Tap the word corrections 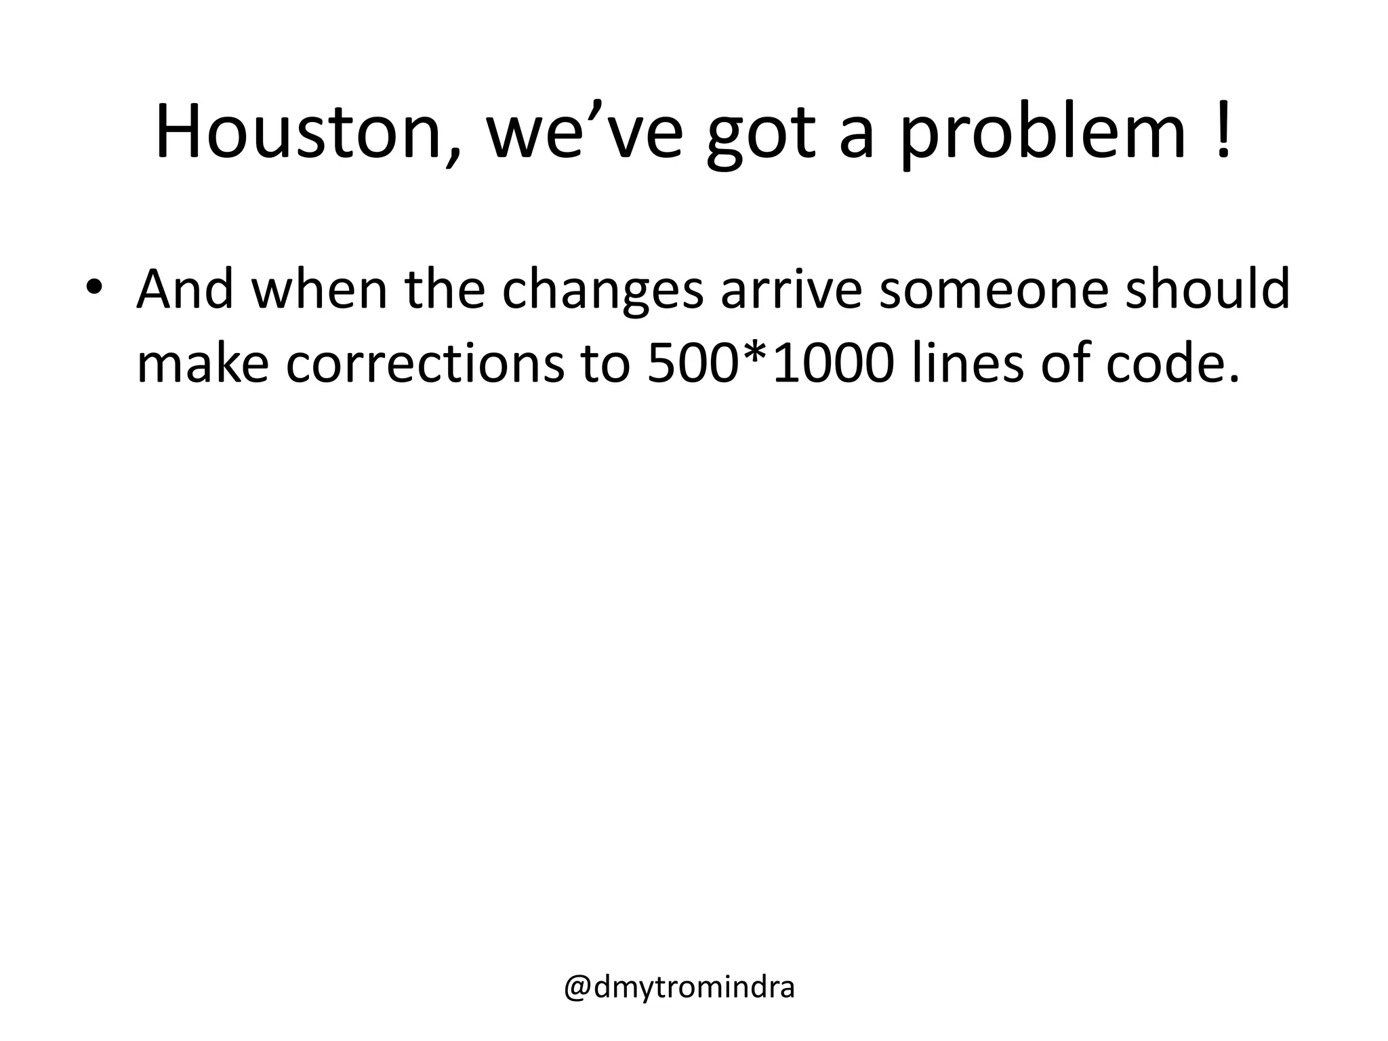(425, 363)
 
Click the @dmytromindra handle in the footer (679, 987)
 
